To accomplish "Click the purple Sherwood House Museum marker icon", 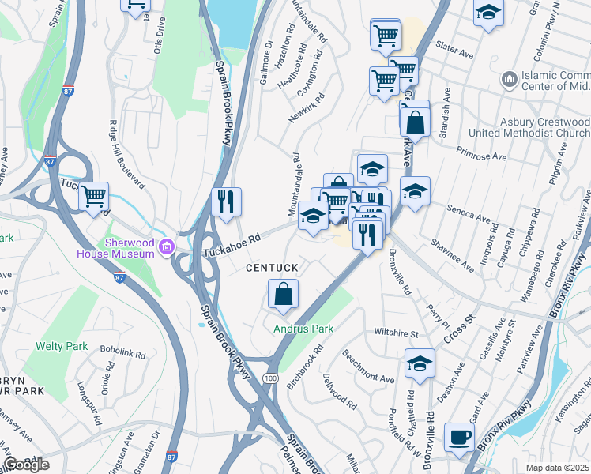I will pos(165,246).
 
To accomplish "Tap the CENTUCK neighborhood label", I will pos(272,269).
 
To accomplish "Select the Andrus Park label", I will pos(303,329).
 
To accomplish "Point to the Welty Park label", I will pos(62,346).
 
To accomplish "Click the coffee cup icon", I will pos(459,438).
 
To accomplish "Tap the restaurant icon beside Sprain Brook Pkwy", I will pos(227,201).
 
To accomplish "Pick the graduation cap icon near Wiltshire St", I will pos(420,363).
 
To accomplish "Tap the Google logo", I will pos(26,465).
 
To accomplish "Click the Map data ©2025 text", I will pos(556,468).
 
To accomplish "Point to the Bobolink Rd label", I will pos(122,353).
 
